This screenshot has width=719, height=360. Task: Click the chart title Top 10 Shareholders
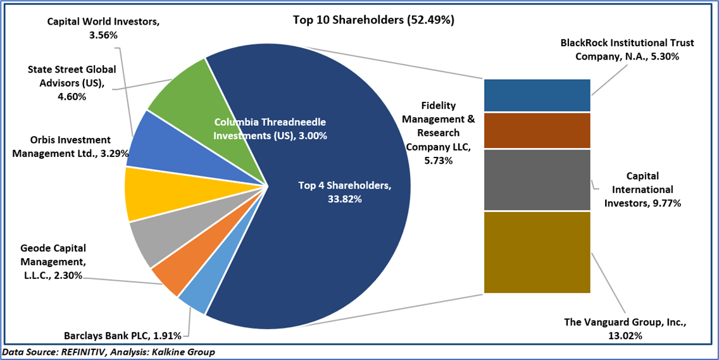pyautogui.click(x=373, y=20)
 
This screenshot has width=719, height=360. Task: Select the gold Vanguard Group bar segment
pyautogui.click(x=537, y=252)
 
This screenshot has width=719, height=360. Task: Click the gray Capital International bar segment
pyautogui.click(x=537, y=180)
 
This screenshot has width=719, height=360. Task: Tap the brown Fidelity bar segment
pyautogui.click(x=537, y=130)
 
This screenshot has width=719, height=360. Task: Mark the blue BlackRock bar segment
pyautogui.click(x=537, y=96)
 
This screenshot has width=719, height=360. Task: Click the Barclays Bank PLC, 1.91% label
pyautogui.click(x=123, y=335)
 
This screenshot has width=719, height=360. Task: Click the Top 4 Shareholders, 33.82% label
pyautogui.click(x=345, y=192)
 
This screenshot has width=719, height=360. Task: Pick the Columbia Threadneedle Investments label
pyautogui.click(x=270, y=128)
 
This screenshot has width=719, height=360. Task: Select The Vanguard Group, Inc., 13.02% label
pyautogui.click(x=625, y=329)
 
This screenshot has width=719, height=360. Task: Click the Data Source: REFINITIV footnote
pyautogui.click(x=108, y=352)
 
